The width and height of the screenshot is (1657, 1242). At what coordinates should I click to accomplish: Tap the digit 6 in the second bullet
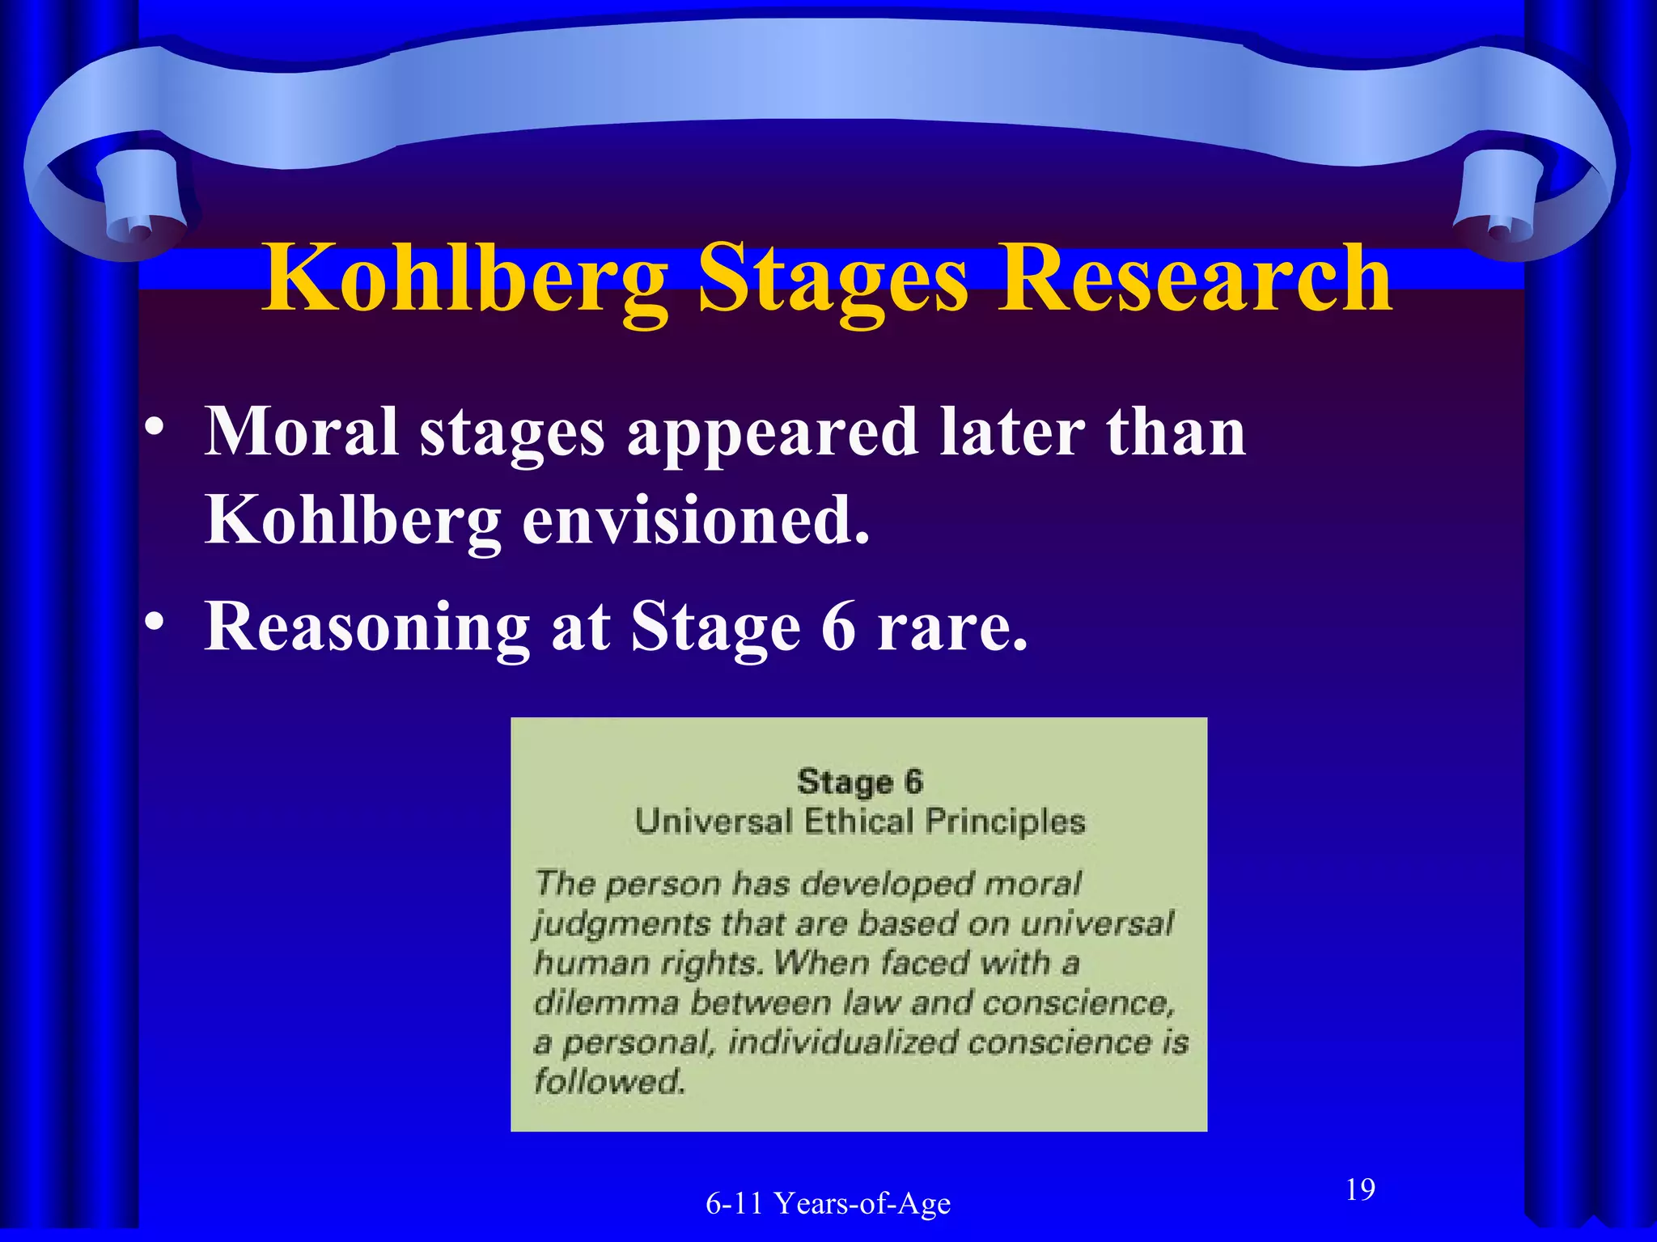838,627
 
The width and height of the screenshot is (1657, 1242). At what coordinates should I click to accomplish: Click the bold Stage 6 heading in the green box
859,782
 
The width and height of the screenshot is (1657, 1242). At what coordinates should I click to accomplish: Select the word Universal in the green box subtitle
713,822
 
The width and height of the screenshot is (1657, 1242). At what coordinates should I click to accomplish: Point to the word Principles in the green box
1005,822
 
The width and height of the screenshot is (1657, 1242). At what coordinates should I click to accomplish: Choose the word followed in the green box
609,1082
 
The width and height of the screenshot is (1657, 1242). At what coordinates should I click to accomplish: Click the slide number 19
1360,1189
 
